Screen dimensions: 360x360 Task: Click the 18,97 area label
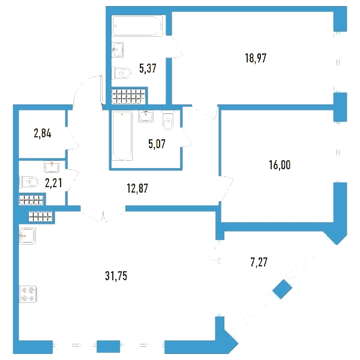coord(256,58)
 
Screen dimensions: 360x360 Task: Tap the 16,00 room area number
coord(280,165)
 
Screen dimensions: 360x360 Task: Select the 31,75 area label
coord(116,275)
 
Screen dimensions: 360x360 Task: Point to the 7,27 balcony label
coord(259,262)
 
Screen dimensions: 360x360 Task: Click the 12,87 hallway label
coord(137,188)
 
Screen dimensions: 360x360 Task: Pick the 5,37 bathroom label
coord(148,68)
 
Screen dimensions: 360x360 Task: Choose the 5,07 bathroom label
coord(157,144)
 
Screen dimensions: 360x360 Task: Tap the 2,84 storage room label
coord(43,133)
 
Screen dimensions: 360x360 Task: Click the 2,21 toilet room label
coord(53,183)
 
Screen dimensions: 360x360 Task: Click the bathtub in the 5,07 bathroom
coord(122,136)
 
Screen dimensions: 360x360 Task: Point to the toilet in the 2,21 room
coord(29,182)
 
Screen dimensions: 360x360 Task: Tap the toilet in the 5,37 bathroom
coord(122,73)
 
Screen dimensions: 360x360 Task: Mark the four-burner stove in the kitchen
coord(28,294)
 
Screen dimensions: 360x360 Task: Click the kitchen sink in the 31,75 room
coord(28,236)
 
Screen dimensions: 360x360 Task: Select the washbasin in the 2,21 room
coord(52,167)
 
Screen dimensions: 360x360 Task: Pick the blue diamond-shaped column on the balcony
coord(283,289)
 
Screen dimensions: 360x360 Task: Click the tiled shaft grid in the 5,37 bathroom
coord(128,96)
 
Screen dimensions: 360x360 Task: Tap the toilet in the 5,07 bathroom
coord(168,121)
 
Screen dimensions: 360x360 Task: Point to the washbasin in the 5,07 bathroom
coord(146,116)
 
